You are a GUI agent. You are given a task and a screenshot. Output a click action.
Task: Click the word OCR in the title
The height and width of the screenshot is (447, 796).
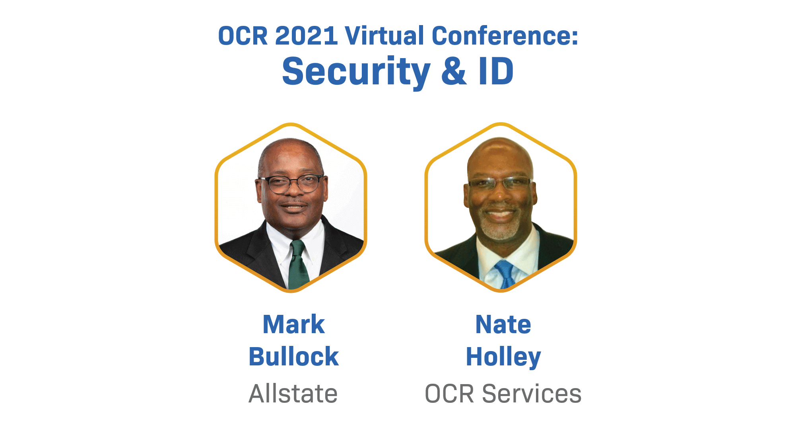243,36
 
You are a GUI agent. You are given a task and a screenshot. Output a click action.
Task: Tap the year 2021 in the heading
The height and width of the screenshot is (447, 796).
306,36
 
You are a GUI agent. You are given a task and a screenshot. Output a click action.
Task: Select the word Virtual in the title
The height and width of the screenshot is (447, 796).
384,36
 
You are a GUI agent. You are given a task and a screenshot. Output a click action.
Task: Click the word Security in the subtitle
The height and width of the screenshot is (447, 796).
356,72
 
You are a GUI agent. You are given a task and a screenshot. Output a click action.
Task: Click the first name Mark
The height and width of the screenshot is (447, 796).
293,324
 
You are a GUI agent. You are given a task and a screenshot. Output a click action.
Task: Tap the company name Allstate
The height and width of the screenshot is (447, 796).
293,394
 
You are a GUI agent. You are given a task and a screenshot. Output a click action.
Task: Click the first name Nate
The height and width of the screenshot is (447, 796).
503,324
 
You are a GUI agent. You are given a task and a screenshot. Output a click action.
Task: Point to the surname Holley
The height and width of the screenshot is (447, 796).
503,357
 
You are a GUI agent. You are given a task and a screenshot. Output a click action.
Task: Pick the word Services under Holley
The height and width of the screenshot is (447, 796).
532,394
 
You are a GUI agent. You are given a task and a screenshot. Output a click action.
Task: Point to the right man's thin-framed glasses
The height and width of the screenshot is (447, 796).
500,183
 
